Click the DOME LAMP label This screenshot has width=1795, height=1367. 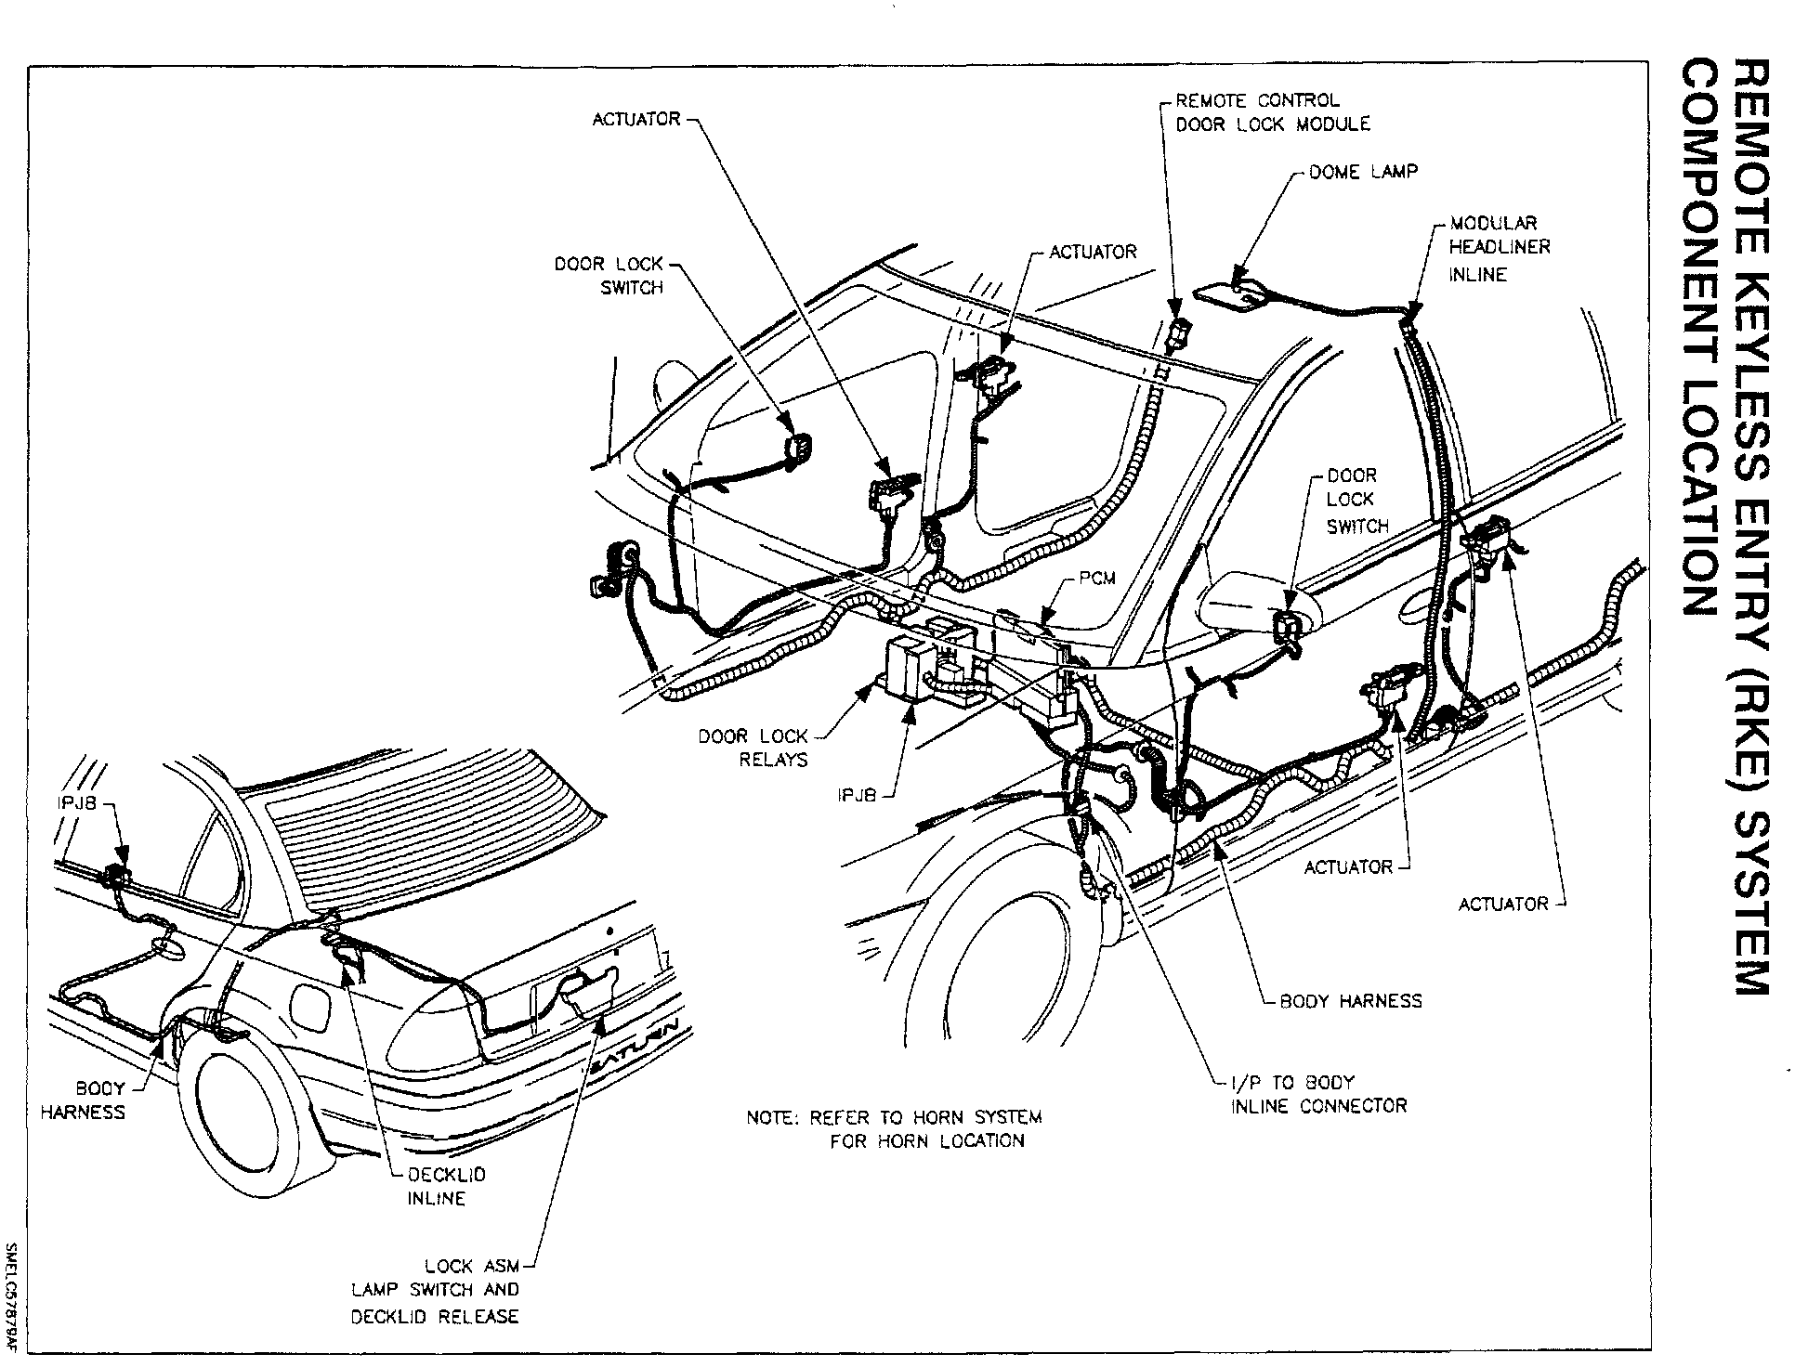(x=1362, y=173)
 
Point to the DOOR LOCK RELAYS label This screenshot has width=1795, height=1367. (x=753, y=748)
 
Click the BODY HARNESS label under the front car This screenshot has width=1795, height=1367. (x=1350, y=1001)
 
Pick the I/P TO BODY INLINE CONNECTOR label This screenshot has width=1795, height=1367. (x=1318, y=1094)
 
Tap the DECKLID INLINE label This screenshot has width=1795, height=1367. (x=446, y=1186)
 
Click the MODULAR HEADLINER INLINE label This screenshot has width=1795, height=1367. (x=1499, y=248)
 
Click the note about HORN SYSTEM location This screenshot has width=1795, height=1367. (x=894, y=1128)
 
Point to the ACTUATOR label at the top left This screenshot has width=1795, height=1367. (x=636, y=120)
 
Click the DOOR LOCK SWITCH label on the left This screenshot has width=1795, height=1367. (x=609, y=276)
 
